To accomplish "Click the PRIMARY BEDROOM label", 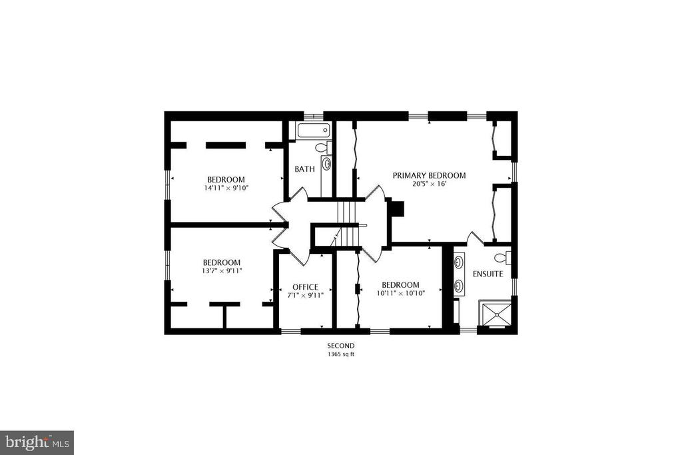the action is coord(429,175).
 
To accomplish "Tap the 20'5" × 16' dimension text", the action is coord(430,184).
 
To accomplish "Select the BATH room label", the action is coord(304,169).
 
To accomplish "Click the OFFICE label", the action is coord(305,287).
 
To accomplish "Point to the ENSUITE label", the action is coord(488,274).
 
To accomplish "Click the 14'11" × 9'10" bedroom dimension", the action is coord(226,188).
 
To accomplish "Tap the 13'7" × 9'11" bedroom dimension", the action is coord(221,270).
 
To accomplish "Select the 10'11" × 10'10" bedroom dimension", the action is coord(400,293).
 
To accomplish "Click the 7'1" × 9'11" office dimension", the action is coord(305,295).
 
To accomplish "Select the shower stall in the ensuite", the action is coord(496,312).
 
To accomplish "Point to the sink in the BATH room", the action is coord(326,164).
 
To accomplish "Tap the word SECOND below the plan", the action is coord(341,346).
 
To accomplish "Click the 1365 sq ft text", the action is coord(341,354).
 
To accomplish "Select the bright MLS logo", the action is coord(37,443).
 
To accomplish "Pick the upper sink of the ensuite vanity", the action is coord(458,262).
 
